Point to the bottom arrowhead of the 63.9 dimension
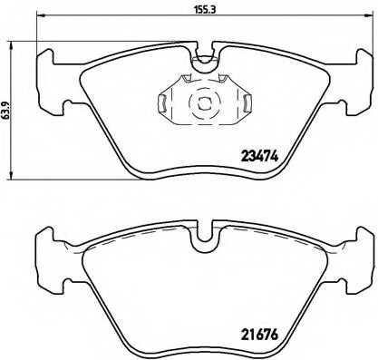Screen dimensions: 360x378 [x=7, y=176]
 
